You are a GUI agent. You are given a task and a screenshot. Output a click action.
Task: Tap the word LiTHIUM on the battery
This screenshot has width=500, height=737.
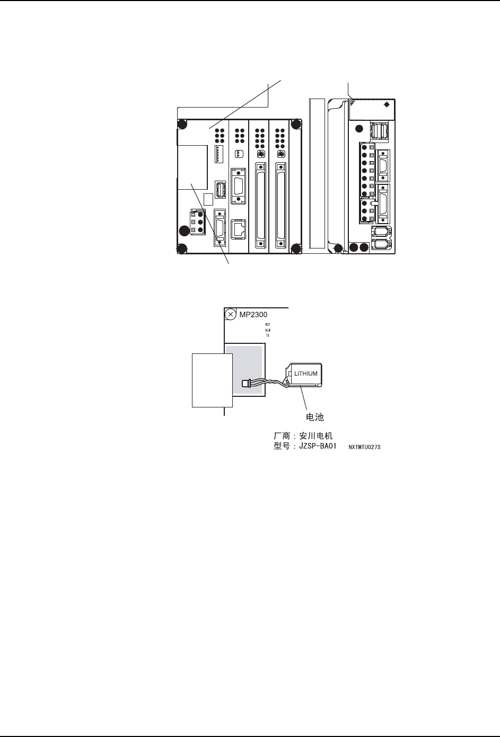306,374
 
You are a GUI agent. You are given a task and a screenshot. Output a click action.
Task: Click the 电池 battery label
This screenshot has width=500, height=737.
315,418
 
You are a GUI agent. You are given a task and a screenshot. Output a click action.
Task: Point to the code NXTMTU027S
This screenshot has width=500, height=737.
364,447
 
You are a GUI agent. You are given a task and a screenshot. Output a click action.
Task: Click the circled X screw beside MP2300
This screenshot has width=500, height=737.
230,315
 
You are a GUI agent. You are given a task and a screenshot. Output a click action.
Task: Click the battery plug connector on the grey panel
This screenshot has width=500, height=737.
245,383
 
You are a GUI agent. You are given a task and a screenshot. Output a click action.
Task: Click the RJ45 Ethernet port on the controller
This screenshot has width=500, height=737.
239,228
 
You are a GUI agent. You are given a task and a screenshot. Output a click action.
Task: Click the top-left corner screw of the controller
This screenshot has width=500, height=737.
182,125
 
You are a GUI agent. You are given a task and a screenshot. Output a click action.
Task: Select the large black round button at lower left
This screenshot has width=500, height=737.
183,230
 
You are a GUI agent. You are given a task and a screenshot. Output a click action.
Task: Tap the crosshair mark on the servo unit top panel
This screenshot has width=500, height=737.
387,104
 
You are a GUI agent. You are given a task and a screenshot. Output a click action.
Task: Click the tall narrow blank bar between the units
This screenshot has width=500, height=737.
315,173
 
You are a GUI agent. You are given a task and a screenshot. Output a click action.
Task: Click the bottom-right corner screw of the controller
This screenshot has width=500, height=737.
296,248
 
